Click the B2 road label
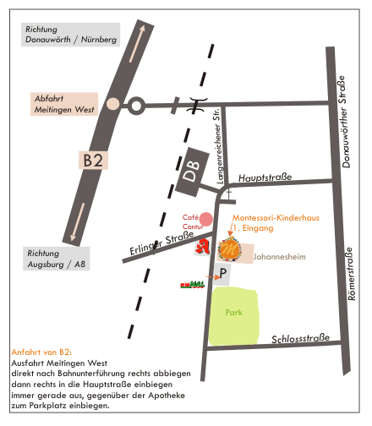(93, 160)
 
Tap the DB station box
(192, 172)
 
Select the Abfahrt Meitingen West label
(64, 104)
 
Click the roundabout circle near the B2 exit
(136, 106)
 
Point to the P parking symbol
(222, 274)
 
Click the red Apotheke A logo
(202, 247)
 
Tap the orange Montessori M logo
(229, 249)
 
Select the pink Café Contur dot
(206, 219)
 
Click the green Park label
(234, 312)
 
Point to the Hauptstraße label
(265, 177)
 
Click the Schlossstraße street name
(300, 338)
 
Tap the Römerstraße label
(350, 274)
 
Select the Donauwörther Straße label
(343, 122)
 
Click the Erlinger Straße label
(161, 243)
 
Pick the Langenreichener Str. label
(219, 145)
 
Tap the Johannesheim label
(279, 257)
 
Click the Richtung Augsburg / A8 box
(57, 259)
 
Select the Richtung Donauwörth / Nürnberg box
(71, 35)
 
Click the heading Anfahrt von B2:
(41, 352)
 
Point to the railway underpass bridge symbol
(198, 105)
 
